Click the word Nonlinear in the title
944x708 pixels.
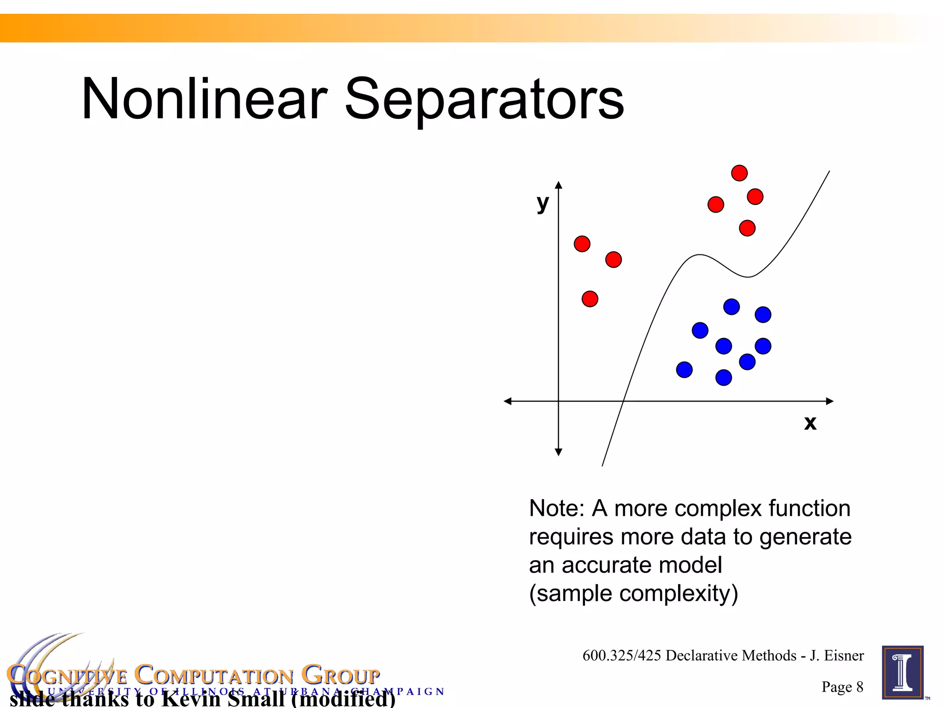tap(204, 99)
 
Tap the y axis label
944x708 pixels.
tap(543, 203)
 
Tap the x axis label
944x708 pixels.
tap(810, 423)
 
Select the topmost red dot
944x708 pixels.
tap(739, 173)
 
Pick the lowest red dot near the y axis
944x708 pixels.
tap(590, 299)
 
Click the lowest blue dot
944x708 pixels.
tap(724, 378)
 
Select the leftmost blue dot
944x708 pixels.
tap(684, 370)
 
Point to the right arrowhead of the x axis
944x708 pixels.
tap(830, 401)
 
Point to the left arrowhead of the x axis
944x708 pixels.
tap(507, 401)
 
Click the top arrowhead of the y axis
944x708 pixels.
tap(559, 185)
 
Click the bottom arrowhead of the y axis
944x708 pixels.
tap(559, 452)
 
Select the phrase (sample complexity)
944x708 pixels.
tap(633, 594)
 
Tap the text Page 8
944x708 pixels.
tap(842, 687)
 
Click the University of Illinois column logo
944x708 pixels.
tap(903, 673)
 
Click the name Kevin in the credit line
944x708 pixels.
tap(191, 699)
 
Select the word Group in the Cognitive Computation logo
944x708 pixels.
tap(341, 676)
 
